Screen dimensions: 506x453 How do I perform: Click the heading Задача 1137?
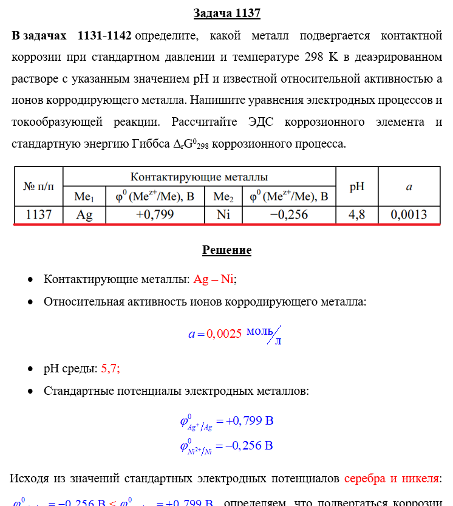point(226,13)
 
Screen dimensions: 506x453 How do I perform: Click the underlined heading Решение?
point(226,250)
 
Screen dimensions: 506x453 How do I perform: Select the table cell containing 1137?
point(38,214)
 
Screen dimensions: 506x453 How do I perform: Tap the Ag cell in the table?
point(84,214)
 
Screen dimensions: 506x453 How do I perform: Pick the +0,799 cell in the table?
point(154,214)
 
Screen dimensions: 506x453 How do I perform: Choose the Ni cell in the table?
point(223,214)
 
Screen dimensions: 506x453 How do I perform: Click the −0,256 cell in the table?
point(288,214)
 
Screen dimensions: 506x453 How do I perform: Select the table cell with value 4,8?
point(357,214)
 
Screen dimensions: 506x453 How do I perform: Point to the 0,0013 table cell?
point(409,214)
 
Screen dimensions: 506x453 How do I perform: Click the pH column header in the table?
point(357,186)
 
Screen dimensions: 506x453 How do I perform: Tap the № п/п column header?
point(38,186)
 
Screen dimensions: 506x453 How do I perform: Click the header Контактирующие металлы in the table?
point(199,177)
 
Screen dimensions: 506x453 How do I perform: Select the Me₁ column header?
point(84,196)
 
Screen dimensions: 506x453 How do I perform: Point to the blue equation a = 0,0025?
point(216,333)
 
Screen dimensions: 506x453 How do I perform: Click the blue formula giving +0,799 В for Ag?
point(226,421)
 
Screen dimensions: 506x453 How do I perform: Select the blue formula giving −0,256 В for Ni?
point(226,446)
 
